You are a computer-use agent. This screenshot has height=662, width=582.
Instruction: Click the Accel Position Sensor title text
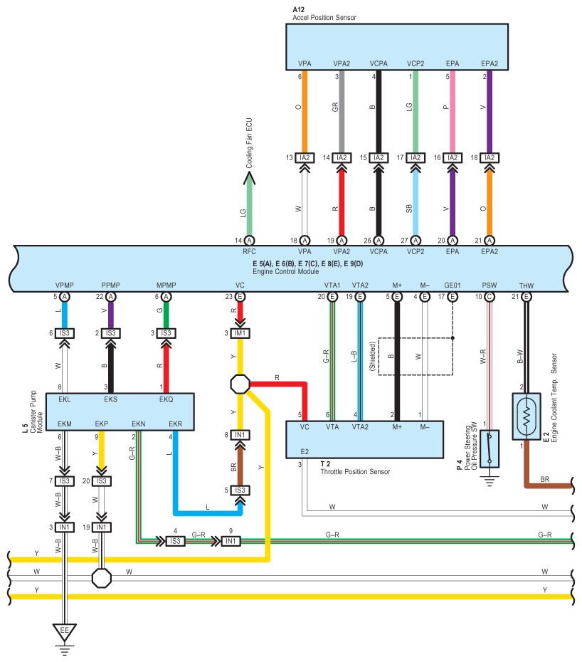point(324,17)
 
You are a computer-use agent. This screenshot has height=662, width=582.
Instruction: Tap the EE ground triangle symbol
point(65,631)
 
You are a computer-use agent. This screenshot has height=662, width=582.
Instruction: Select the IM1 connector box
point(240,333)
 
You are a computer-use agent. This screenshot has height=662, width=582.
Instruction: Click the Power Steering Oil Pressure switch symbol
point(490,448)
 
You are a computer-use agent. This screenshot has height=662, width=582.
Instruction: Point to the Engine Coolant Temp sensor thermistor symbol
point(527,416)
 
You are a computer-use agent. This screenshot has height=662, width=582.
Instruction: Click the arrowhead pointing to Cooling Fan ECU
point(249,178)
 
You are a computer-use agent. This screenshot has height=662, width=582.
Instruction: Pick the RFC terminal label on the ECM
point(249,251)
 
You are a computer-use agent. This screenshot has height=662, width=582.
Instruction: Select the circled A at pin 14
point(250,241)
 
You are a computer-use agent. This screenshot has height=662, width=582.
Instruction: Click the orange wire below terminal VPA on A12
point(305,112)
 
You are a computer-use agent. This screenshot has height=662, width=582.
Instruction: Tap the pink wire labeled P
point(453,112)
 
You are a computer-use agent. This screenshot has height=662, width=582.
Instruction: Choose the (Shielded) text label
point(372,357)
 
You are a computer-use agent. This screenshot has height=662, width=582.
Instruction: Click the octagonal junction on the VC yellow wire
point(240,384)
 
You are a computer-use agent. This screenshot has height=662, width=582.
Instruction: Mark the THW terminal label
point(527,286)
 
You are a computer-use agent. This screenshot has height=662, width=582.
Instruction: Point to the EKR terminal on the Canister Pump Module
point(176,424)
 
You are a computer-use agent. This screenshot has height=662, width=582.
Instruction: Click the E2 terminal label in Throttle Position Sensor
point(305,452)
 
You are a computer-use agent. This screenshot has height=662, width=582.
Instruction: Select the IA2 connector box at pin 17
point(416,158)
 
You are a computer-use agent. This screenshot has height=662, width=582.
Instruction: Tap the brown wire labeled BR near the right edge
point(549,486)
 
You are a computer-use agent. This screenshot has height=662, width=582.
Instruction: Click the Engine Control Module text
point(286,271)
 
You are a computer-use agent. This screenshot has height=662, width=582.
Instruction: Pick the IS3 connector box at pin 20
point(102,481)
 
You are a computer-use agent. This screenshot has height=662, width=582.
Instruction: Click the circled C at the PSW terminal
point(490,297)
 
